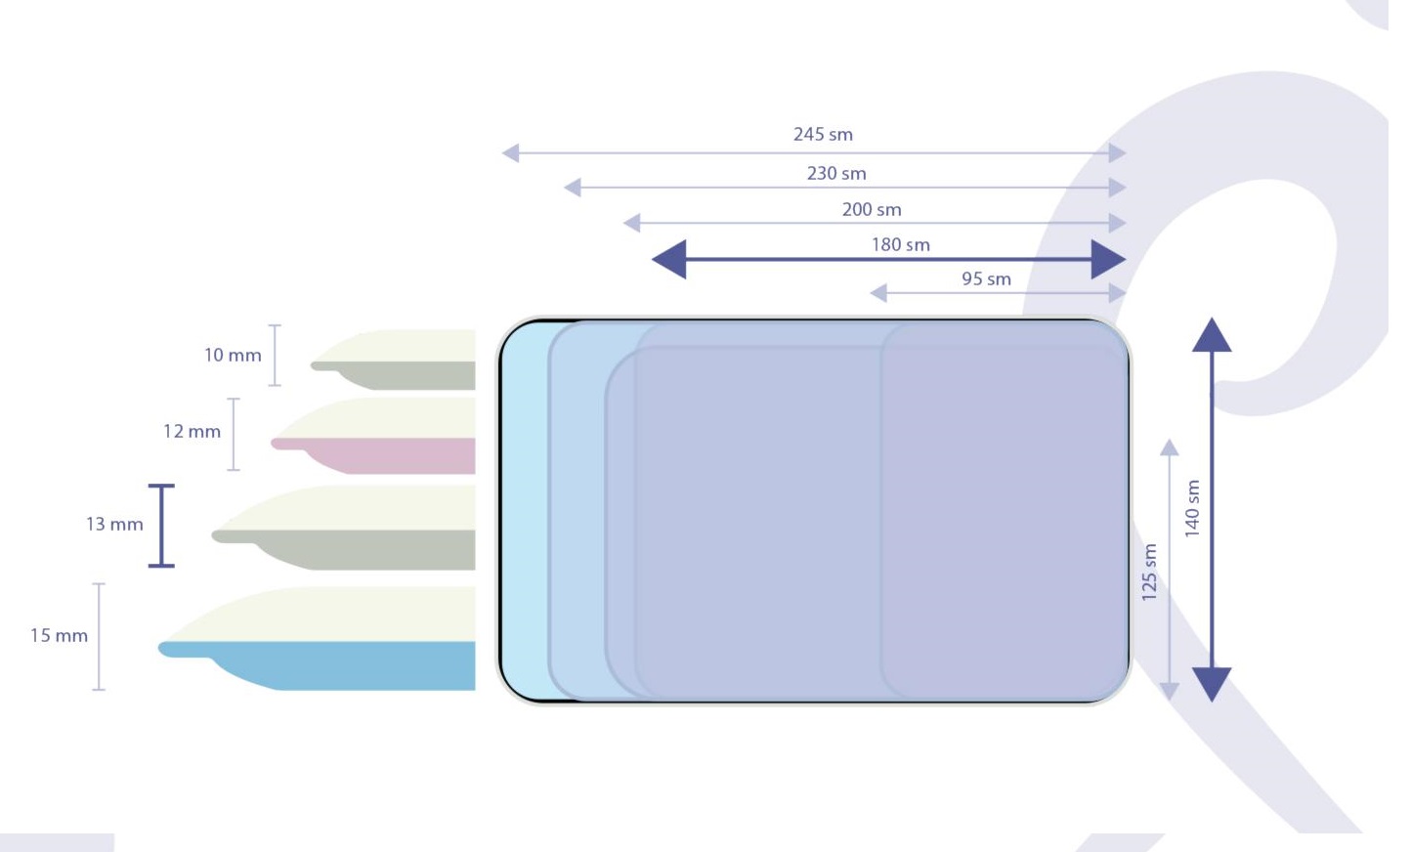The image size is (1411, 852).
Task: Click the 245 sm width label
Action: tap(823, 135)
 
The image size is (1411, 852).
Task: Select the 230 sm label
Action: tap(836, 174)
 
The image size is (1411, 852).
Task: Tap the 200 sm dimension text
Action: tap(872, 210)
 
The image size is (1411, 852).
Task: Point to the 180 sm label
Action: tap(901, 245)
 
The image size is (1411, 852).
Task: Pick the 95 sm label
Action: tap(986, 279)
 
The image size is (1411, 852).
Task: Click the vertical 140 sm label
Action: tap(1192, 508)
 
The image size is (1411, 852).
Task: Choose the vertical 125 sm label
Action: tap(1150, 572)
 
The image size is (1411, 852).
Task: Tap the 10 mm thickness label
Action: tap(233, 356)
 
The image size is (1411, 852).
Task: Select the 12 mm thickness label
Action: tap(192, 432)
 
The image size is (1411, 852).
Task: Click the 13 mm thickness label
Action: tap(114, 525)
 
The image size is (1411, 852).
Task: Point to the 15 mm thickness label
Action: tap(59, 636)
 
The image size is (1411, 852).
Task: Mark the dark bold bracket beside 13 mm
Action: tap(161, 526)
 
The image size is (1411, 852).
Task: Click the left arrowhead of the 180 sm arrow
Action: tap(669, 260)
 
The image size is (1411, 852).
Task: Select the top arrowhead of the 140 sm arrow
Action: tap(1212, 335)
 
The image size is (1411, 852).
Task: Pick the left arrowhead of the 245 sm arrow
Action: tap(510, 153)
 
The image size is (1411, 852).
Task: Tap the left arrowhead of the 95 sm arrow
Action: tap(878, 293)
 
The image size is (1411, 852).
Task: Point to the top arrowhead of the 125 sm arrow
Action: tap(1169, 447)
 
